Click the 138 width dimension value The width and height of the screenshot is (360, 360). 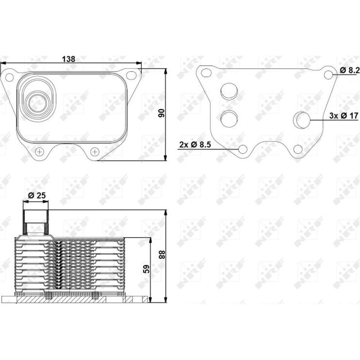pos(68,59)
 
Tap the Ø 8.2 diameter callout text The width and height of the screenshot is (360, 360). pos(349,70)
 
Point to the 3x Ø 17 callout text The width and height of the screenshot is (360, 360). pos(342,116)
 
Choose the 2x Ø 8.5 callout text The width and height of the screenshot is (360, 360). pos(195,144)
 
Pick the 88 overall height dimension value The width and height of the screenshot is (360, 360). pos(161,255)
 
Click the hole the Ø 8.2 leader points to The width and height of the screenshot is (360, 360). pos(328,75)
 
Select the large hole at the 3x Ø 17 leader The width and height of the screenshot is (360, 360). pos(301,119)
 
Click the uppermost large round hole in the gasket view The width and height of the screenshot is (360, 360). pos(229,91)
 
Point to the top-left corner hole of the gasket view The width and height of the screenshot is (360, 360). pos(206,73)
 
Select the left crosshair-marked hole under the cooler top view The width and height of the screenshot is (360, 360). pos(40,152)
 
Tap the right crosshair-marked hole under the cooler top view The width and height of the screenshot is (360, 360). pos(94,152)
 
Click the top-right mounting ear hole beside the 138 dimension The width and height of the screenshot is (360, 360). pos(131,75)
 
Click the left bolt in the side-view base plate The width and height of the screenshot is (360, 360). pos(48,296)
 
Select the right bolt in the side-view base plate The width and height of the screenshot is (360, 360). pos(94,296)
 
